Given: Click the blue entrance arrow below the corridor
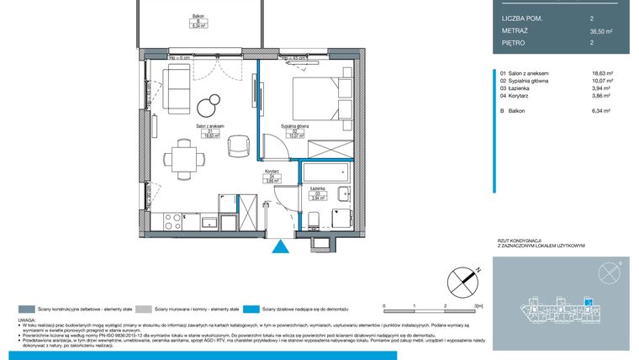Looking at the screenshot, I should click(x=280, y=246).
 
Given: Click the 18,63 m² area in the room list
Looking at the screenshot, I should click(x=604, y=74).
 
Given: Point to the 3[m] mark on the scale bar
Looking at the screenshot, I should click(x=478, y=305).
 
